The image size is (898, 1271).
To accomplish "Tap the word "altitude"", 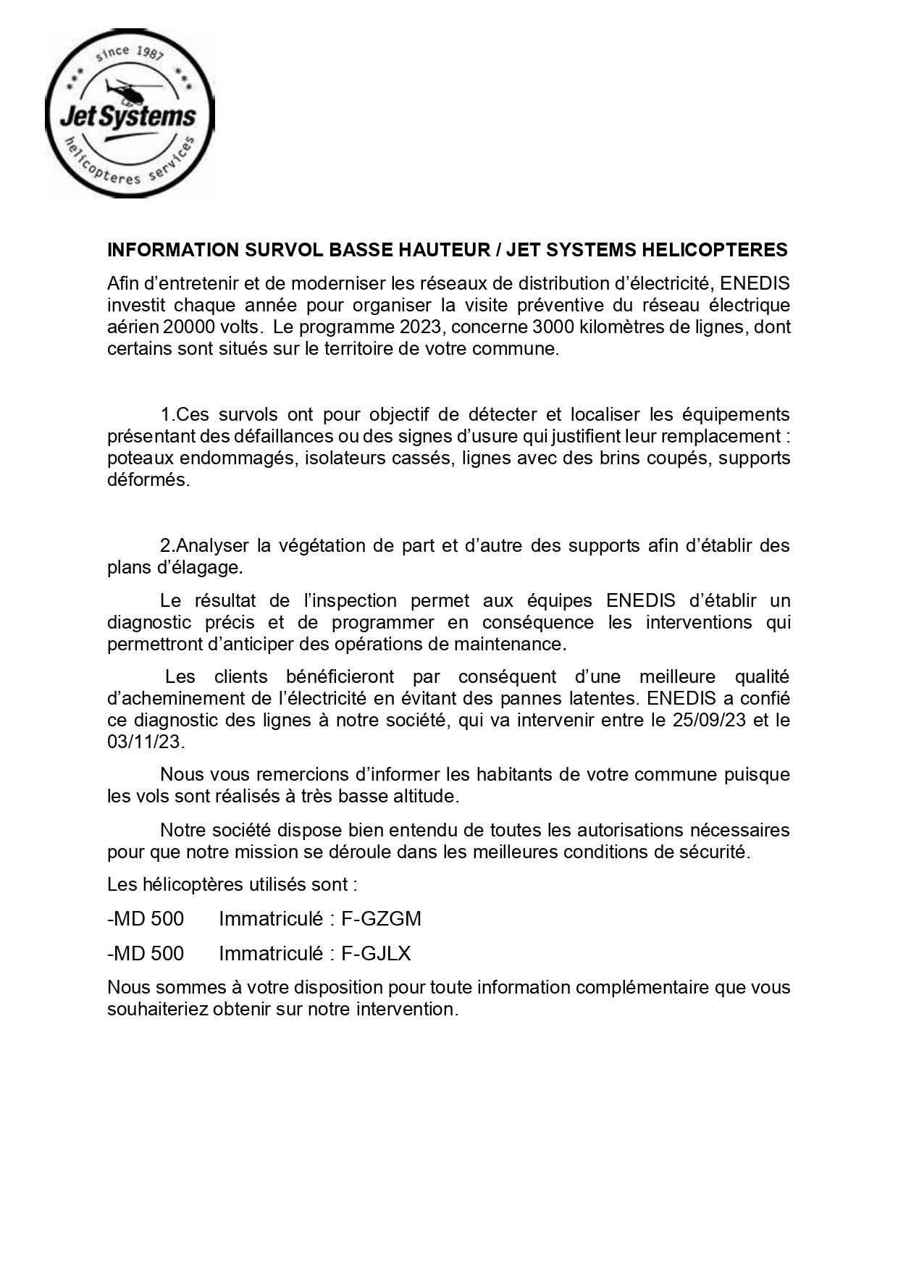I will click(x=427, y=797).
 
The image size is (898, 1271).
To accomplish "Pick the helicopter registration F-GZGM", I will click(x=381, y=919).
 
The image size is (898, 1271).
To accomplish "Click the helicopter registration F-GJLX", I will click(x=376, y=954).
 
